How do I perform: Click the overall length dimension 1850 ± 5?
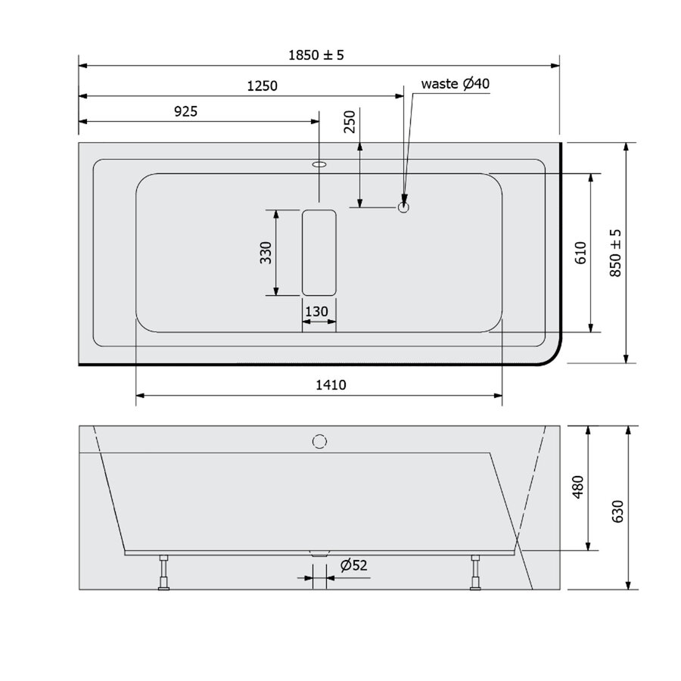pos(316,55)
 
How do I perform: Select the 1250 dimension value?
pos(263,86)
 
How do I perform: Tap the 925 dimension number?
pos(185,112)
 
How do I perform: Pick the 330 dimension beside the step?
pos(266,253)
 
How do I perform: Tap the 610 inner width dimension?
pos(580,252)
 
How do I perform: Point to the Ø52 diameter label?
pos(353,565)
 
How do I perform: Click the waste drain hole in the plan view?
pos(404,205)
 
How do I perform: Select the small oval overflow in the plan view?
pos(319,163)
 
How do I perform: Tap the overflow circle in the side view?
pos(319,440)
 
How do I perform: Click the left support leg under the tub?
pos(162,572)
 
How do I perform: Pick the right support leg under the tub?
pos(475,572)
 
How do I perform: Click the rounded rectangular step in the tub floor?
pos(319,253)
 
